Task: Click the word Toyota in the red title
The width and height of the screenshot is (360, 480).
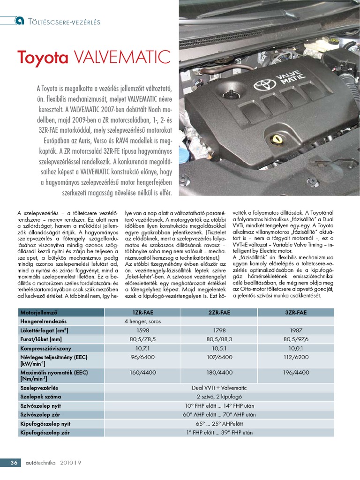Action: pyautogui.click(x=42, y=57)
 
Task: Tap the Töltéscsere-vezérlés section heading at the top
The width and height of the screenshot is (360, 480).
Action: pyautogui.click(x=65, y=21)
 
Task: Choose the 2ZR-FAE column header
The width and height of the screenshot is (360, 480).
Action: pyautogui.click(x=219, y=313)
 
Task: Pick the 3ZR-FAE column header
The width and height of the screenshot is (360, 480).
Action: pyautogui.click(x=296, y=313)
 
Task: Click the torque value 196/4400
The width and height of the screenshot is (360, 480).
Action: pyautogui.click(x=296, y=373)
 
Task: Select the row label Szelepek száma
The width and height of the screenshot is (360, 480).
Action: pyautogui.click(x=41, y=397)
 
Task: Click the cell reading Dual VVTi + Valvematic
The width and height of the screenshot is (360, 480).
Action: pyautogui.click(x=219, y=388)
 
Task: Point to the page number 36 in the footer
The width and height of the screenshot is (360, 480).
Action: pyautogui.click(x=14, y=463)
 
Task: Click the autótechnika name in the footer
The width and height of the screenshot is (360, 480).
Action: pyautogui.click(x=39, y=463)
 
